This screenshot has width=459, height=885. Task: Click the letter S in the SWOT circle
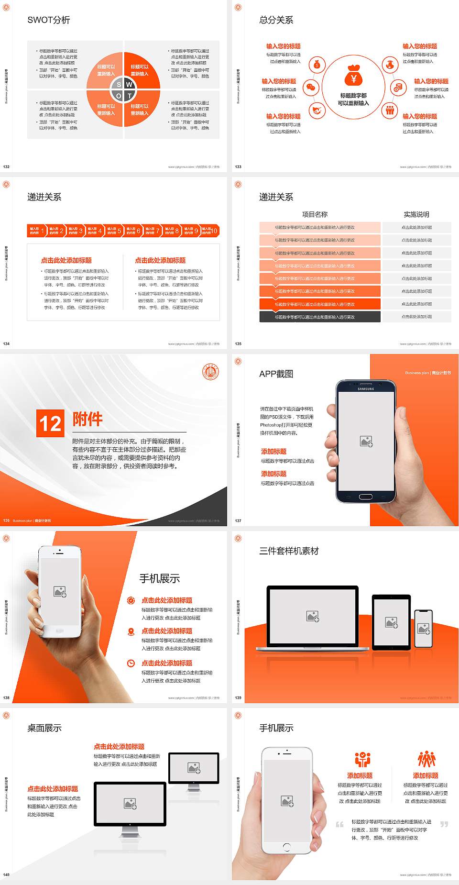[x=119, y=85]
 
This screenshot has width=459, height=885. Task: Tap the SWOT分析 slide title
[x=49, y=20]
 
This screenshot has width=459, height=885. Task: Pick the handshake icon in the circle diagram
[x=317, y=111]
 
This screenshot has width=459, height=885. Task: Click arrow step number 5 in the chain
[x=114, y=231]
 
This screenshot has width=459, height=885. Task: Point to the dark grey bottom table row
[x=320, y=317]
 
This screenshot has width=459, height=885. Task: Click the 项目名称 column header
[x=315, y=214]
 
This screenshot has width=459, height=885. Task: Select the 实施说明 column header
[x=416, y=214]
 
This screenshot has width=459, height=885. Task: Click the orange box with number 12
[x=50, y=423]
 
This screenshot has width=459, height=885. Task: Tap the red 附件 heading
[x=87, y=419]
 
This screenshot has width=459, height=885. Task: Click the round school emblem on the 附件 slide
[x=210, y=372]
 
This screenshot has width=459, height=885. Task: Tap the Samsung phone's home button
[x=366, y=497]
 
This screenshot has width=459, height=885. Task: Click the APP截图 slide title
[x=276, y=374]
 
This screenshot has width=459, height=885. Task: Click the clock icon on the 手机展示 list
[x=131, y=663]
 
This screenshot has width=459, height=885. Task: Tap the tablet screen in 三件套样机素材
[x=391, y=622]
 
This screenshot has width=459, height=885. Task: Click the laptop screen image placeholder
[x=313, y=616]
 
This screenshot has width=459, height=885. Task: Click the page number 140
[x=6, y=874]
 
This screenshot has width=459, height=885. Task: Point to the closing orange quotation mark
[x=444, y=824]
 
